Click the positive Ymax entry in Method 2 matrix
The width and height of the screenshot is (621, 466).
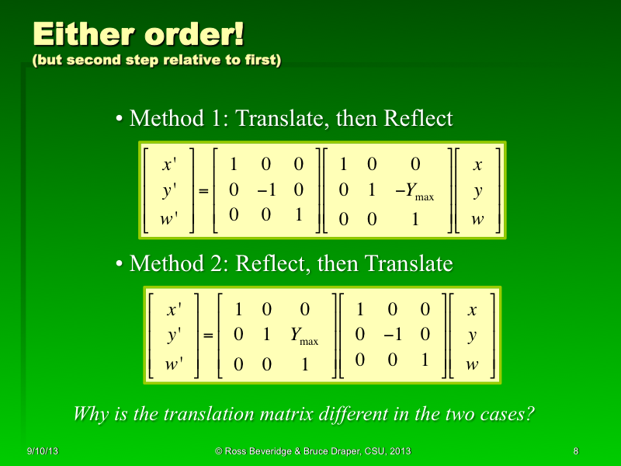(304, 336)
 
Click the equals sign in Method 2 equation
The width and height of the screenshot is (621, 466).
(208, 336)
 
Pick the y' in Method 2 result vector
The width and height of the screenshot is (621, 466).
(175, 336)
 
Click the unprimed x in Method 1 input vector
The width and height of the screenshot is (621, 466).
(477, 165)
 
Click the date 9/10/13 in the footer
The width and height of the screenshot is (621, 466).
(43, 451)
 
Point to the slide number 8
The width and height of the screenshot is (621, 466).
(575, 451)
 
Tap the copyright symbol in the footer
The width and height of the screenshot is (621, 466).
(218, 451)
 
